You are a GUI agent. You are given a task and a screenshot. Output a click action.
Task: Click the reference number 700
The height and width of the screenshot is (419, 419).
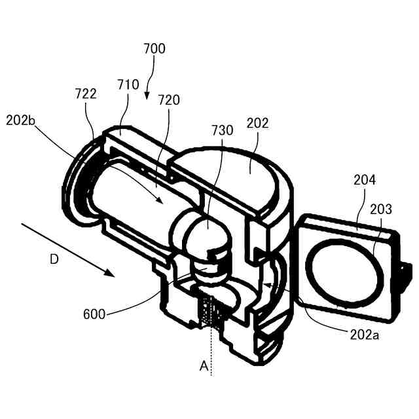[155, 48]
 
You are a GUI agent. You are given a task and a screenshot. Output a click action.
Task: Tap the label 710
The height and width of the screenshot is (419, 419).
[128, 84]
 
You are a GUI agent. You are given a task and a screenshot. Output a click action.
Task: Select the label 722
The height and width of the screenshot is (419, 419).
[85, 94]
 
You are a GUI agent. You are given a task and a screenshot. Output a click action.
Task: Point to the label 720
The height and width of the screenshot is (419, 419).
[168, 100]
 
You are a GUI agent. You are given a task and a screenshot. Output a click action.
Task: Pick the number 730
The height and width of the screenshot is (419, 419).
[222, 130]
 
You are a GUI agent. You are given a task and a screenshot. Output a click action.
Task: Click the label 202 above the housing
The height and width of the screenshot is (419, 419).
[257, 123]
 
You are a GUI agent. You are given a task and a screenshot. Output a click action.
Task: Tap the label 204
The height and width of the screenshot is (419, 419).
[365, 181]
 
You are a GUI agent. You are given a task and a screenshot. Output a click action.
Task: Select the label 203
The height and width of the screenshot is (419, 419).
[380, 209]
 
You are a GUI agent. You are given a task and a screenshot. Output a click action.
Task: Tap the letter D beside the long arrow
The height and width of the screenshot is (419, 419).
[54, 259]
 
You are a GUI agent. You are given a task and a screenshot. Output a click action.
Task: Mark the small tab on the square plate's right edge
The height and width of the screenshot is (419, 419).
[405, 272]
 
